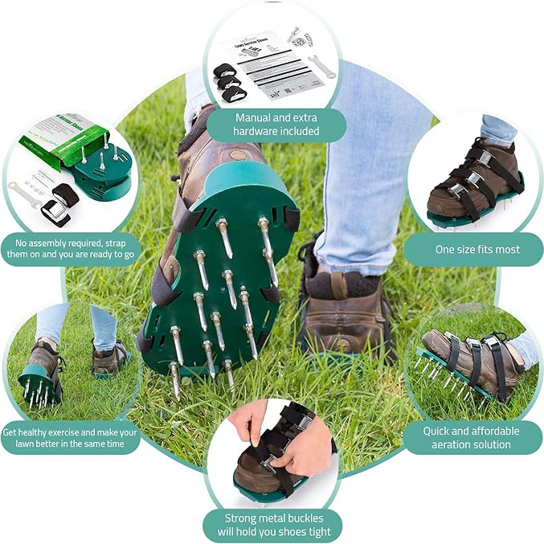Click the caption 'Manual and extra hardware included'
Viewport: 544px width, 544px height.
pos(277,125)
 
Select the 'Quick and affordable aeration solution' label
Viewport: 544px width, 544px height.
pos(472,438)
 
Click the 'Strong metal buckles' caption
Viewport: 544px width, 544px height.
pos(273,525)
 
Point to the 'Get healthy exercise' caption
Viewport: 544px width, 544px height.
pos(72,438)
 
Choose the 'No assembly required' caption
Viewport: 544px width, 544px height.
pos(72,249)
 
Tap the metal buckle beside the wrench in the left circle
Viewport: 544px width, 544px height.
pos(55,211)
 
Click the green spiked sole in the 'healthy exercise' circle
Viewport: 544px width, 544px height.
pos(40,386)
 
